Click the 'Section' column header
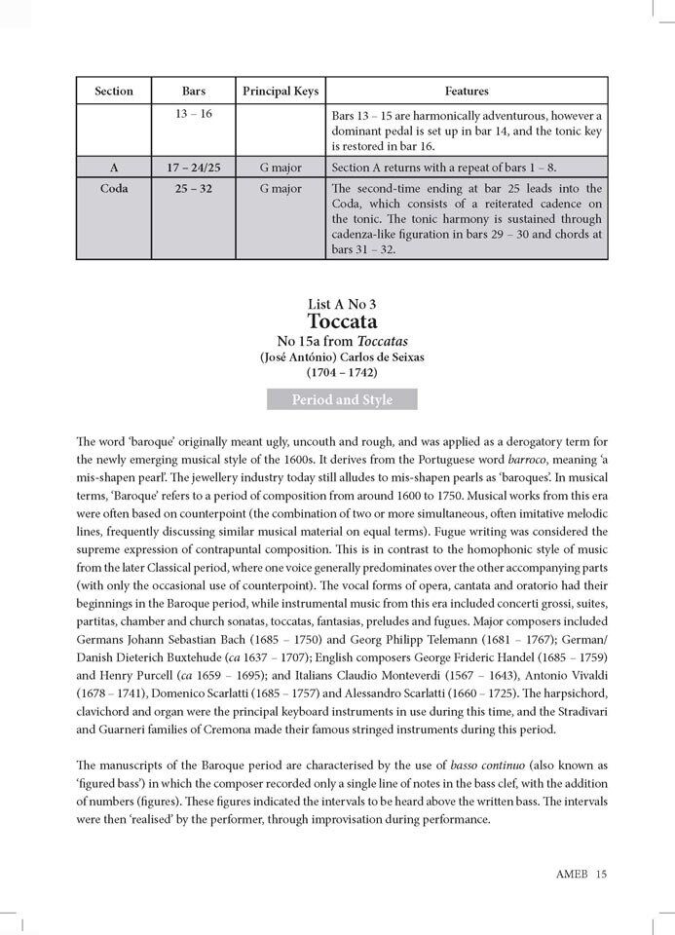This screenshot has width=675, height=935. pos(114,91)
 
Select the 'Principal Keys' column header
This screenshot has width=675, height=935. pos(281,91)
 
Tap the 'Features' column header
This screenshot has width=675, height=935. pos(467,91)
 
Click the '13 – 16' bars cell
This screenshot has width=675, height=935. pos(194,115)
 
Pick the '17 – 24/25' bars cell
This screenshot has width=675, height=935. pos(194,168)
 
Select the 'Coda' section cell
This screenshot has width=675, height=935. pos(114,188)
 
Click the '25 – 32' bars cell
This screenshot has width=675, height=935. pos(194,188)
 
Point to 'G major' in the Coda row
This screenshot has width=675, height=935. pos(281,188)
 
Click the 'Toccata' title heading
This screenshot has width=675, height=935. pos(342,320)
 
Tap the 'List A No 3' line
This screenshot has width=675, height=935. pos(342,303)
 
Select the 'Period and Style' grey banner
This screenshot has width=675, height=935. pos(342,399)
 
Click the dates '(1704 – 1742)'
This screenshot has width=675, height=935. pos(342,372)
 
